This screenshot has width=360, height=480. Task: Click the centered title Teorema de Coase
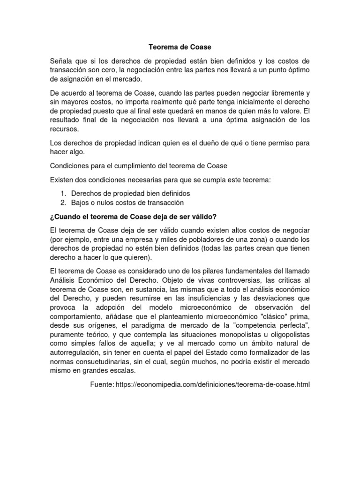180,47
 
